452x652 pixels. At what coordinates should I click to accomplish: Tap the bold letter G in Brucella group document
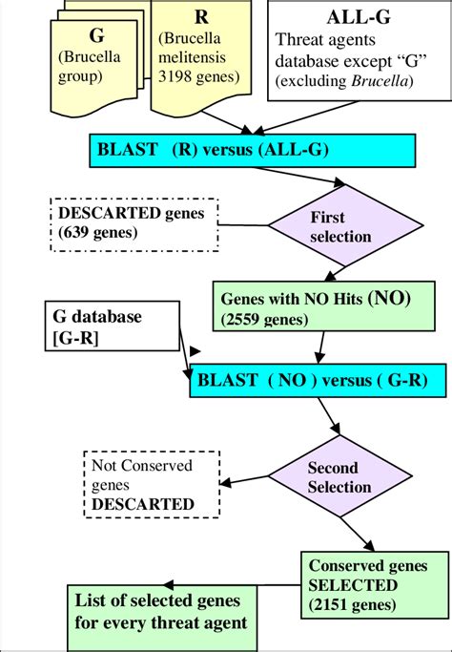tap(96, 35)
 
